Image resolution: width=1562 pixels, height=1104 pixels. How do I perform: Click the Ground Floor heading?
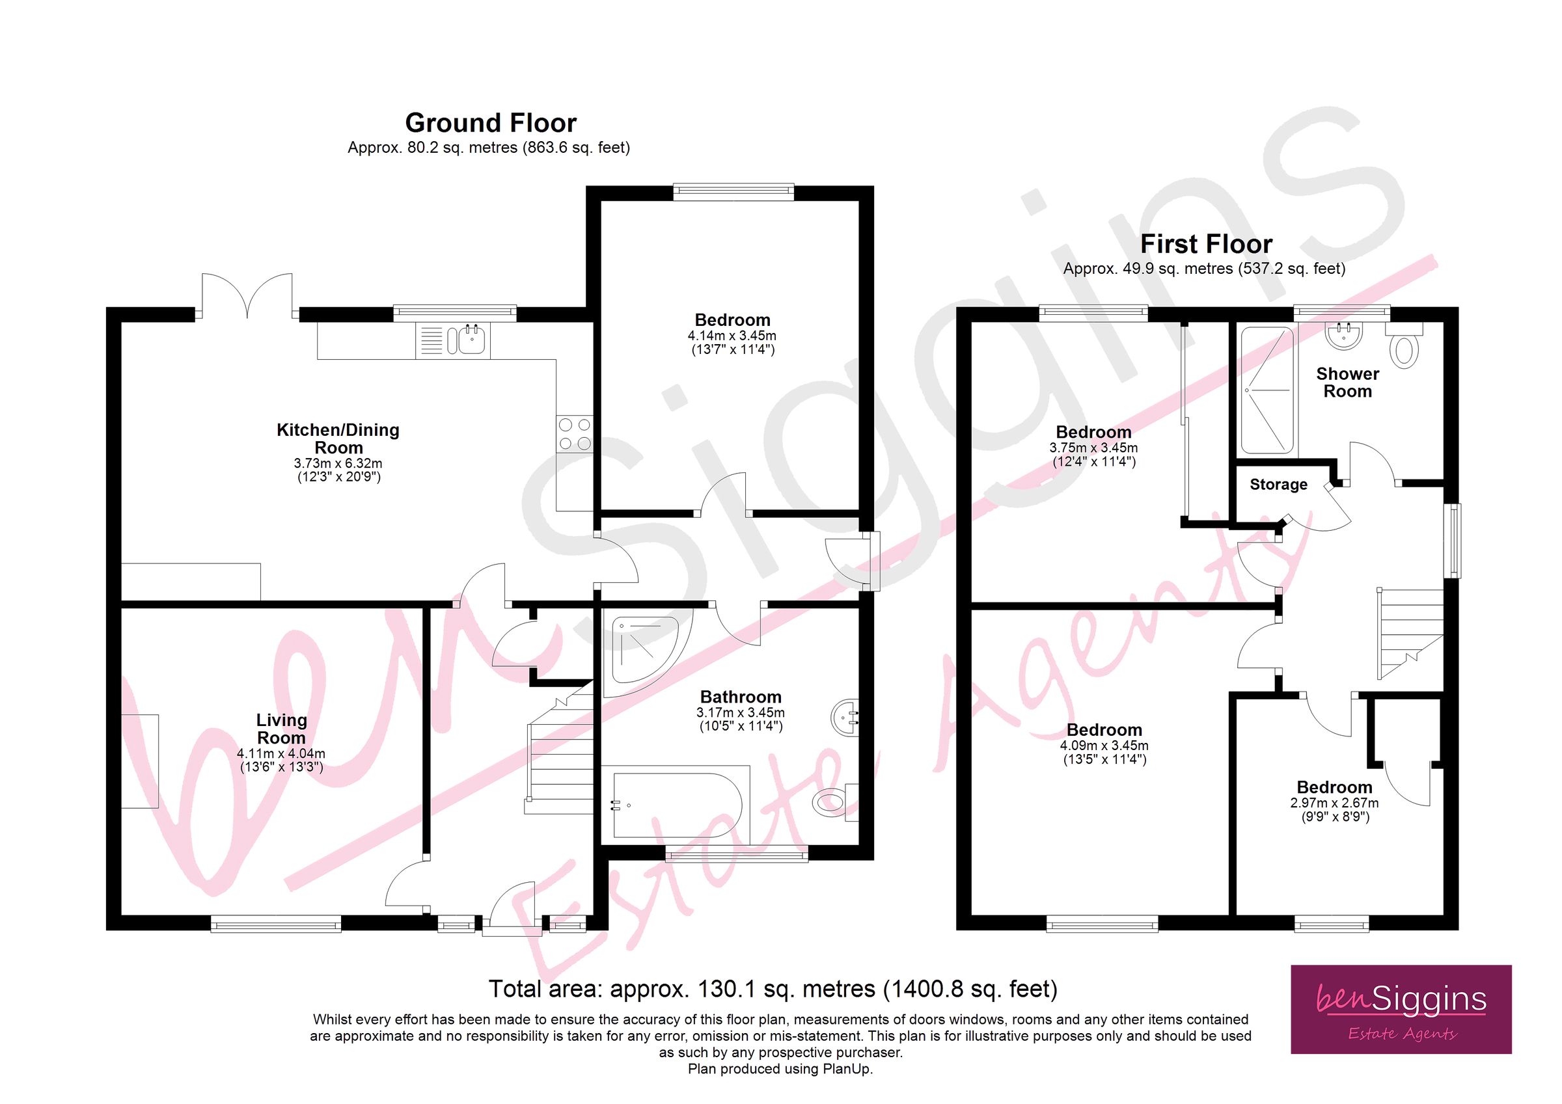point(491,123)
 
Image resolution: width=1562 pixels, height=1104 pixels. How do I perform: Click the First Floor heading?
point(1205,244)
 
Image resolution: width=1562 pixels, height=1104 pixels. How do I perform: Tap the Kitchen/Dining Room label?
point(338,438)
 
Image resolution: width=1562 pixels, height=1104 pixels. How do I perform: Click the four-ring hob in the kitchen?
point(574,434)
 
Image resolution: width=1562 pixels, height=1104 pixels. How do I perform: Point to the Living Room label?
point(281,729)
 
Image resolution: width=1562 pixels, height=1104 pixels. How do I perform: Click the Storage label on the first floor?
point(1278,484)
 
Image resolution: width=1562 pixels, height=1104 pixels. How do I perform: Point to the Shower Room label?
point(1347,383)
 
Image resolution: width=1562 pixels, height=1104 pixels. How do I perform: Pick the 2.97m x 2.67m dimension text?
point(1334,803)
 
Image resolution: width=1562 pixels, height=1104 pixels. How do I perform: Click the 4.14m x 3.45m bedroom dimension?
point(732,335)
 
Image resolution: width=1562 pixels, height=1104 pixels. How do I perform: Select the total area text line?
point(773,988)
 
